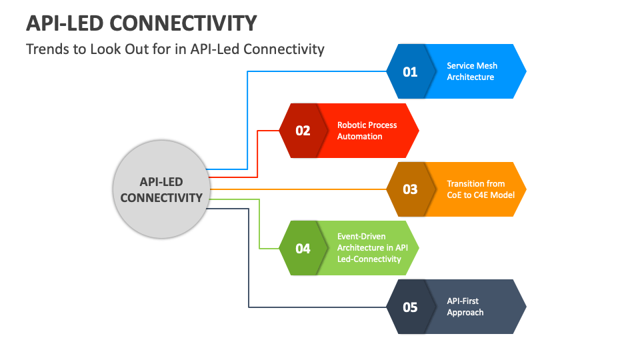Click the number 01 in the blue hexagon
[410, 71]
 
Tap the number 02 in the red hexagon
[303, 131]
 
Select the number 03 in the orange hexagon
[410, 189]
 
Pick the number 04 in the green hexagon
[303, 248]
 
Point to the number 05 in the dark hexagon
[410, 307]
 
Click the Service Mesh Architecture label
[471, 71]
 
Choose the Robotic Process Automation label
[367, 131]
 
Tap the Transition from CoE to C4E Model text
[475, 189]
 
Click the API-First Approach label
[465, 307]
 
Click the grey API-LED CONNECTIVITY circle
[161, 190]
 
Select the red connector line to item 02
[258, 153]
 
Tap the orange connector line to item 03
[300, 189]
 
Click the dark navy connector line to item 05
[249, 267]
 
